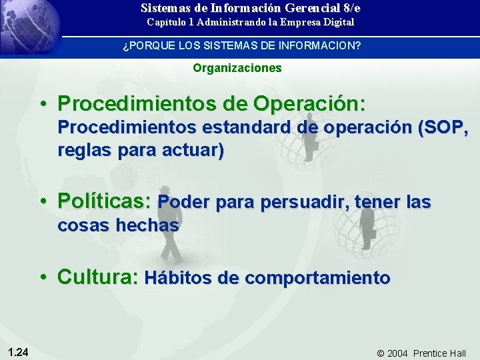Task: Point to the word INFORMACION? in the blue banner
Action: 325,46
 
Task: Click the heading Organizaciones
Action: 237,68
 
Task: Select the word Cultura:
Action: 98,277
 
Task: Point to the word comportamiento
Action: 317,277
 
